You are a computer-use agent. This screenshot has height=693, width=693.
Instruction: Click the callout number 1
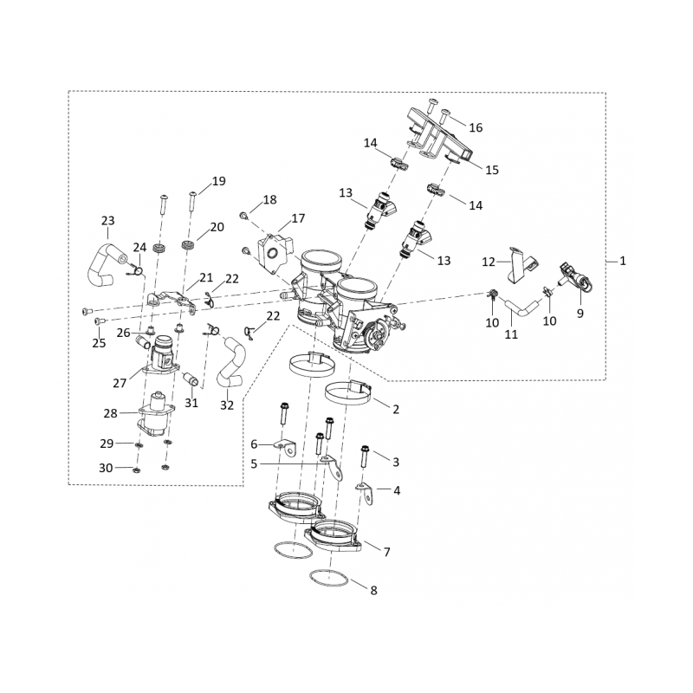tap(624, 260)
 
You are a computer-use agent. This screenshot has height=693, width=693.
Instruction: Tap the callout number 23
tap(108, 221)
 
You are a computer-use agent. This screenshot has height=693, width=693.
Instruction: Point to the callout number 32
tap(227, 405)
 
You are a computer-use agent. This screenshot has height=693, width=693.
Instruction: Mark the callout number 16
tap(475, 127)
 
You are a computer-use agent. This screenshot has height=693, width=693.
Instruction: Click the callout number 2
tap(395, 409)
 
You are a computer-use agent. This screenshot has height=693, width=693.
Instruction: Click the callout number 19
tap(218, 181)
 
